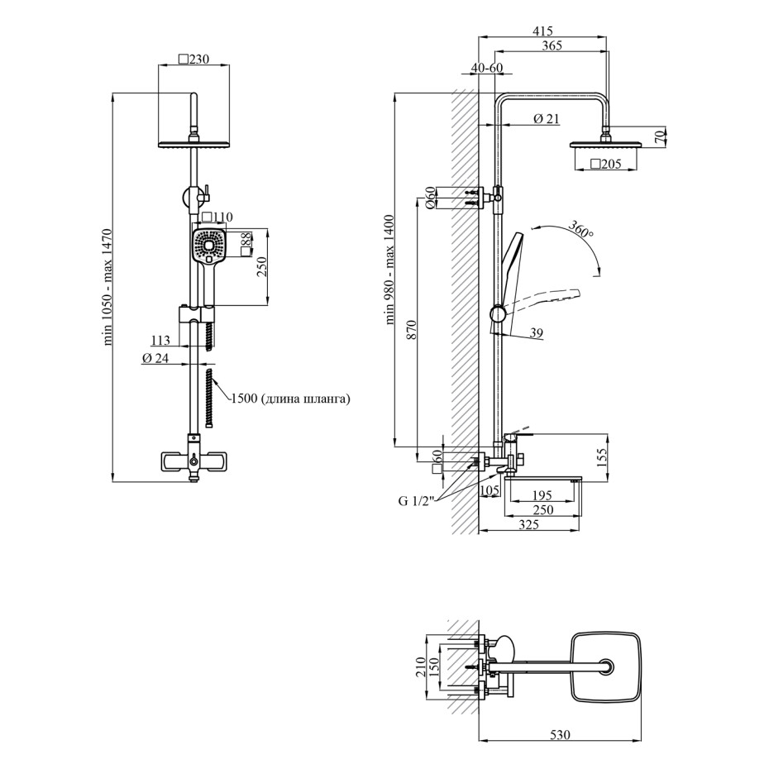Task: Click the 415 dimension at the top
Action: tap(542, 31)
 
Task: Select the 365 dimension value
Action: tap(552, 45)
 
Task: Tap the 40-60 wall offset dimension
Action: tap(486, 67)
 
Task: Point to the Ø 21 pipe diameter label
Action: tap(546, 119)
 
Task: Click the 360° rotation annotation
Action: tap(580, 229)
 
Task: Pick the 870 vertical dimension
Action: tap(411, 330)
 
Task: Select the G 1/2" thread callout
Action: tap(417, 501)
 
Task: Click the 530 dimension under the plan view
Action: tap(560, 734)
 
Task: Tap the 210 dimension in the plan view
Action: tap(421, 667)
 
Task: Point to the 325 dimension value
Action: tap(528, 524)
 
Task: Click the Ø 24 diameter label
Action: tap(155, 359)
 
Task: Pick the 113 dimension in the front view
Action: tap(160, 340)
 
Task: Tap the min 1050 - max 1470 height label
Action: tap(107, 287)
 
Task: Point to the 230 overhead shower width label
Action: tap(193, 60)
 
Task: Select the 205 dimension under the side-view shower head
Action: tap(605, 164)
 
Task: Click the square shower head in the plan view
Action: tap(607, 667)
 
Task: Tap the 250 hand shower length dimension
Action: tap(262, 267)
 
